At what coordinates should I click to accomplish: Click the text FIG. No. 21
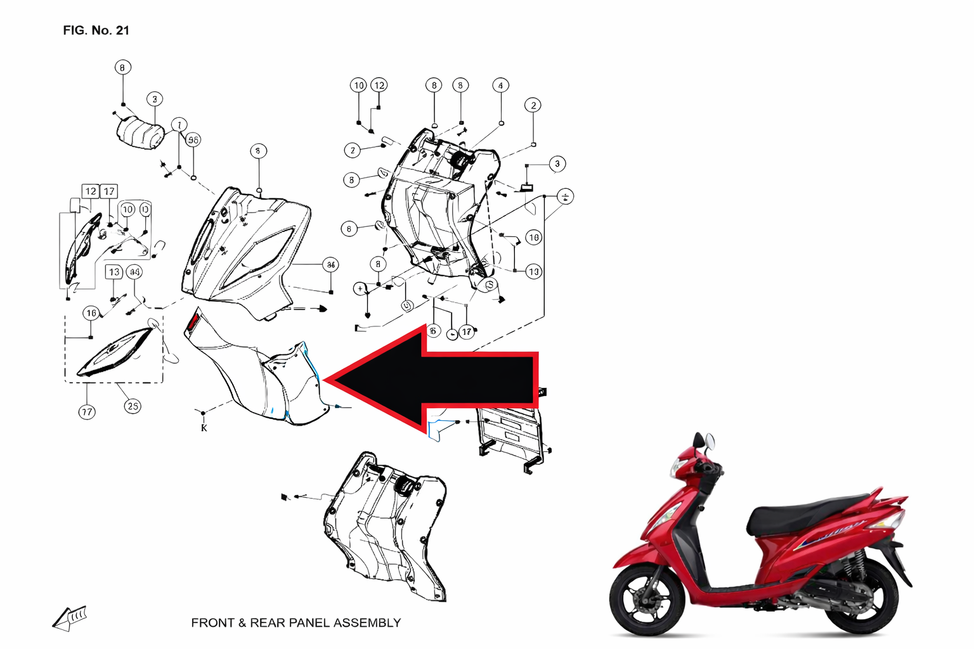click(x=96, y=30)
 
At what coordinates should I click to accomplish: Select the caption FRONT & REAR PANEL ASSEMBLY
click(x=295, y=623)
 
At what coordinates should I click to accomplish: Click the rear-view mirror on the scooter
click(x=708, y=441)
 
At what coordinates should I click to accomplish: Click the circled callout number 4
click(x=500, y=86)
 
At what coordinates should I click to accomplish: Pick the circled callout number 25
click(x=132, y=406)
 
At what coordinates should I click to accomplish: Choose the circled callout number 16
click(x=91, y=313)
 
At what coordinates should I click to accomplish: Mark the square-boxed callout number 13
click(x=114, y=272)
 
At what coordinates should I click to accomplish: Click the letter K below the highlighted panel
click(x=204, y=428)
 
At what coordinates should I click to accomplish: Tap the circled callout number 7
click(x=179, y=125)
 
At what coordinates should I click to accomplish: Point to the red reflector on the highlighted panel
click(x=192, y=322)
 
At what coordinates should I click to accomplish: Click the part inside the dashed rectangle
click(x=114, y=353)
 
